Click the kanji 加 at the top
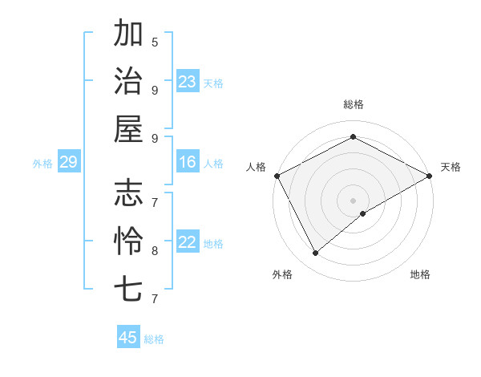click(129, 34)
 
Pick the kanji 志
click(129, 193)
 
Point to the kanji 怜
click(129, 241)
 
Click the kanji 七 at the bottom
click(129, 288)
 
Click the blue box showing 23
click(188, 82)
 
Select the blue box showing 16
click(188, 163)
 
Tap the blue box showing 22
click(188, 243)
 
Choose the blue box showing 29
click(68, 163)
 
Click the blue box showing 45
click(128, 338)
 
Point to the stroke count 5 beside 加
click(155, 43)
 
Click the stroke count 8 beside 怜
click(155, 250)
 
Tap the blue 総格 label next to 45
click(154, 339)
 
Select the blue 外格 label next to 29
click(42, 164)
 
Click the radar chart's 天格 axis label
click(451, 167)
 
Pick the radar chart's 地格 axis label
click(420, 274)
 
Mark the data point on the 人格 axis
click(277, 175)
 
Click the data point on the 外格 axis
click(316, 253)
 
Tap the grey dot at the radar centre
click(353, 200)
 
